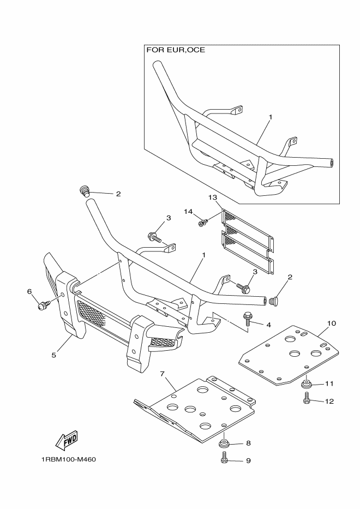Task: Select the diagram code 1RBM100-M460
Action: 68,459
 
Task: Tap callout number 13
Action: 213,197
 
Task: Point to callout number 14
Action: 188,212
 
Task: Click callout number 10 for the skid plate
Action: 331,324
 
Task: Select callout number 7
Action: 163,374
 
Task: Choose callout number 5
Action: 54,355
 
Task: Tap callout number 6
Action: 29,292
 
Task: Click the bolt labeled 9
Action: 224,460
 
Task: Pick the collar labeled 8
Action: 224,442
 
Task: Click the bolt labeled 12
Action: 306,401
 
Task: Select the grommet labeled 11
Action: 306,384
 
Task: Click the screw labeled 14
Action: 203,223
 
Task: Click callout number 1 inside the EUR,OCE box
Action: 270,117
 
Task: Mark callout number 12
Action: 329,401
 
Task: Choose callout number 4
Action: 269,325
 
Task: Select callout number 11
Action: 329,384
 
